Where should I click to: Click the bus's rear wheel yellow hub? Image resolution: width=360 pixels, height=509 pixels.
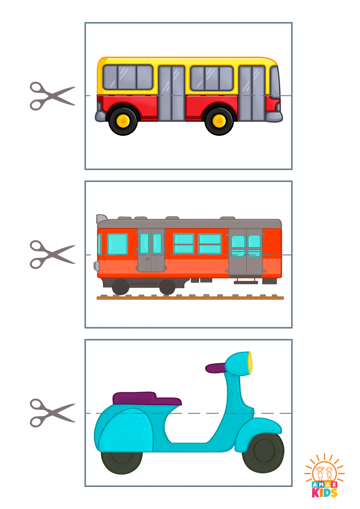[123, 120]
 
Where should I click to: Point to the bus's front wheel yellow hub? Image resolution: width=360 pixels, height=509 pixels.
[219, 120]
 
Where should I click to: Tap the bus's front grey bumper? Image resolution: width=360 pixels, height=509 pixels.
[274, 117]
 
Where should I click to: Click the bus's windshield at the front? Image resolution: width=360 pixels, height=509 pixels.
[275, 82]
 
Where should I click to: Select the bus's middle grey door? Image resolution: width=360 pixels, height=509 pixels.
[172, 93]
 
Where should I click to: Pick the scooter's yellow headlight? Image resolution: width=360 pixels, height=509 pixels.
[250, 363]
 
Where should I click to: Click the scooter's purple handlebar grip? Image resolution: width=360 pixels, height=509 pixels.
[215, 368]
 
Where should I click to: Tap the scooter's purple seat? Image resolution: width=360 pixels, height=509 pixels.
[147, 398]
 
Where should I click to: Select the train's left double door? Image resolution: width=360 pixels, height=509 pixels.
[151, 250]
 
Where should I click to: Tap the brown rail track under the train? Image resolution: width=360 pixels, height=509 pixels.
[190, 298]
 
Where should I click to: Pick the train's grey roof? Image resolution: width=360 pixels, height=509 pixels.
[189, 224]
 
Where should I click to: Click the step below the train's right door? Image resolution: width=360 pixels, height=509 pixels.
[246, 282]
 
